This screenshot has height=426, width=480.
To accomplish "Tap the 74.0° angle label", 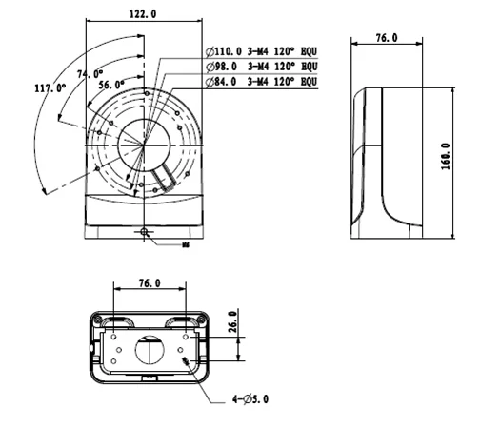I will (x=90, y=73).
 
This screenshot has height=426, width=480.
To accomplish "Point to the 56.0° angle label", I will (x=111, y=85).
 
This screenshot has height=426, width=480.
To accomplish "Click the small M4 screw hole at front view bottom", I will (x=144, y=231).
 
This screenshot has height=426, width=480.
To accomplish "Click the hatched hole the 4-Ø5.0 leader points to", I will (x=188, y=363).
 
